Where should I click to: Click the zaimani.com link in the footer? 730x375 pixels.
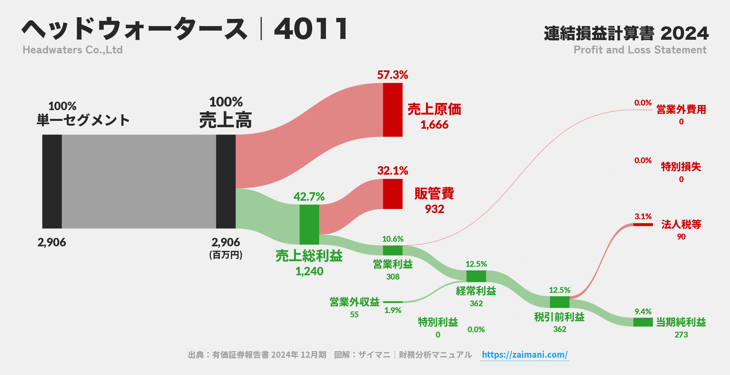click(x=524, y=354)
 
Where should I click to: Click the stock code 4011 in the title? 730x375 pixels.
click(x=311, y=29)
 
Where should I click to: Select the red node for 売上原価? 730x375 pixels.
click(x=392, y=110)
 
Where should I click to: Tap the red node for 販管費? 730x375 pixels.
click(x=392, y=194)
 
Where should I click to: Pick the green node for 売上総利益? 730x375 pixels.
click(x=309, y=224)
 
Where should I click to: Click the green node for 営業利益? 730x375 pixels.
click(x=392, y=250)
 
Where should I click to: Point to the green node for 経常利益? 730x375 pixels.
click(x=476, y=276)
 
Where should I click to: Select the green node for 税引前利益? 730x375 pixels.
click(x=559, y=302)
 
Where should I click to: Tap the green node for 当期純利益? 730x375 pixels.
click(x=643, y=322)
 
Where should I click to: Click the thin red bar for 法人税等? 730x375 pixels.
click(x=643, y=224)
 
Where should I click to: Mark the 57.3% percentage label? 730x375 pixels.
click(x=392, y=75)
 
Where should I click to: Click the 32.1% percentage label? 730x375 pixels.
click(x=392, y=171)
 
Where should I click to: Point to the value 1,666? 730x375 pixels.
click(x=434, y=125)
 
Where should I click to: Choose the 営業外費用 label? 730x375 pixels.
click(x=681, y=109)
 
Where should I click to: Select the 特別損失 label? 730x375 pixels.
click(x=681, y=167)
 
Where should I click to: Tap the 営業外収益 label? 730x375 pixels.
click(x=354, y=302)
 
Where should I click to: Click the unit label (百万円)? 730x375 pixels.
click(x=226, y=255)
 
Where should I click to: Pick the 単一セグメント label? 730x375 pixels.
click(x=83, y=120)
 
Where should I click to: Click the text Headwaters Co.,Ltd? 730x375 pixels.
click(x=72, y=50)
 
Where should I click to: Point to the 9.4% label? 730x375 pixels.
click(x=643, y=312)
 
